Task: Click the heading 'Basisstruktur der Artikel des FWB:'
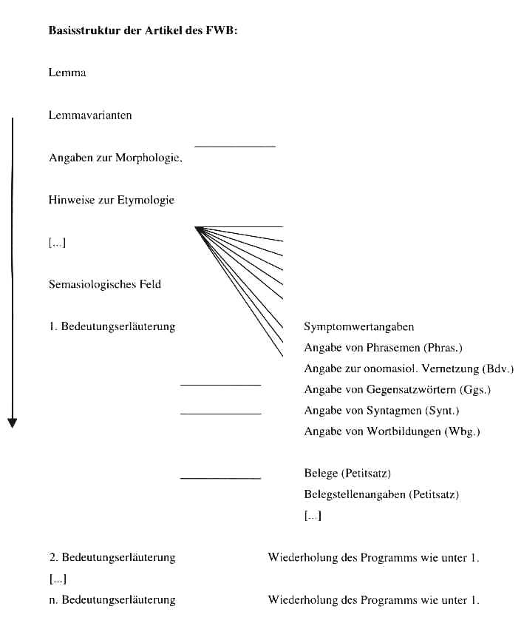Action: coord(143,31)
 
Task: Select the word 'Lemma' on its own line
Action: coord(67,73)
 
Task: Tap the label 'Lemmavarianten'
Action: coord(90,115)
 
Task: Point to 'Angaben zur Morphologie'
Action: coord(115,158)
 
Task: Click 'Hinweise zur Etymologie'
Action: coord(112,201)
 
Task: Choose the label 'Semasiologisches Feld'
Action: coord(104,284)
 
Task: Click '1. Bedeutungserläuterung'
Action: coord(112,326)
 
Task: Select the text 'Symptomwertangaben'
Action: coord(358,326)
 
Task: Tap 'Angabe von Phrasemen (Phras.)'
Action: coord(383,348)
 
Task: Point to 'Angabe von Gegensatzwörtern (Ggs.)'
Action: coord(397,389)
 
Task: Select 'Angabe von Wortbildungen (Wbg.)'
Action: coord(392,431)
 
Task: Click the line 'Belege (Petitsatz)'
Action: coord(347,473)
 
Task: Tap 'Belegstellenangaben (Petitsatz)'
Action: coord(381,494)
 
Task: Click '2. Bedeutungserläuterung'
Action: coord(112,557)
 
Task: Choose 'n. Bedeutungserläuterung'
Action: coord(112,599)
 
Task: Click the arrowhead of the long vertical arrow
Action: coord(12,423)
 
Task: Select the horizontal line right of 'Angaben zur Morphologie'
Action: coord(234,147)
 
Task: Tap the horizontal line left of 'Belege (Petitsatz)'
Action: coord(220,478)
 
